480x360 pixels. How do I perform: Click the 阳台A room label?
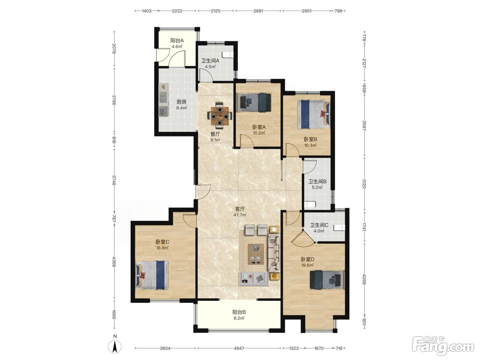click(x=177, y=40)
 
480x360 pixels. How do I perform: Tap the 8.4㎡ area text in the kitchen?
click(x=181, y=108)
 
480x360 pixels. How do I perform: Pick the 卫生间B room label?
click(x=317, y=181)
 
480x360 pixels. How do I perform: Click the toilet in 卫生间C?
click(x=339, y=227)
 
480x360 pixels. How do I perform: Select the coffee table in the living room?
click(x=256, y=254)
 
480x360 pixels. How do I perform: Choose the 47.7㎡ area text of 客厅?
click(x=240, y=215)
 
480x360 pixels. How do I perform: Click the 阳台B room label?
click(x=239, y=312)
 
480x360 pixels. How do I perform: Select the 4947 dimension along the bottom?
click(x=239, y=348)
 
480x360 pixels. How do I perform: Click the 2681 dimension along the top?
click(x=258, y=11)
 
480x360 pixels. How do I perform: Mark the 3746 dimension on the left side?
click(x=114, y=180)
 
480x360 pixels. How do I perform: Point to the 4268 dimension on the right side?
click(x=364, y=279)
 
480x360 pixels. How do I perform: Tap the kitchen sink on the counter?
click(x=163, y=111)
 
